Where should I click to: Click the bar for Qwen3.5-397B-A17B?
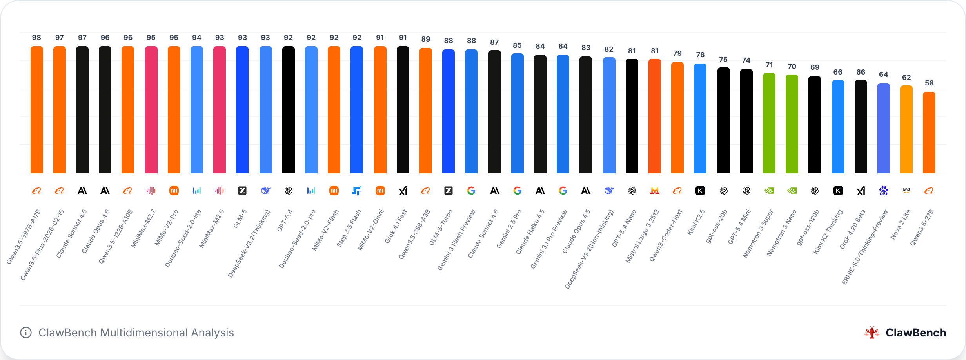pyautogui.click(x=37, y=110)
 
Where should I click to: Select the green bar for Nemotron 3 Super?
pyautogui.click(x=769, y=123)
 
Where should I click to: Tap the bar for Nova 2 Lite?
pyautogui.click(x=906, y=129)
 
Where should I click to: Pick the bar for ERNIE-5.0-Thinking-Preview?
pyautogui.click(x=884, y=128)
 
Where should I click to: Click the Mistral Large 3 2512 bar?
pyautogui.click(x=655, y=116)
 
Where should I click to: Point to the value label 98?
pyautogui.click(x=36, y=38)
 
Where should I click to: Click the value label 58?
pyautogui.click(x=929, y=83)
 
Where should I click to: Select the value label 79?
pyautogui.click(x=677, y=53)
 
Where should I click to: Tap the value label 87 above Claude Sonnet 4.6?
pyautogui.click(x=494, y=42)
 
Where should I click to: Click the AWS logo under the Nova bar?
pyautogui.click(x=906, y=190)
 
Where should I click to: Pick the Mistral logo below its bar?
pyautogui.click(x=655, y=191)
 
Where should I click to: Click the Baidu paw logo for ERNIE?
pyautogui.click(x=884, y=191)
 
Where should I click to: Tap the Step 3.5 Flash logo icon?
pyautogui.click(x=357, y=191)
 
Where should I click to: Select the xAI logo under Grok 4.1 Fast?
pyautogui.click(x=403, y=191)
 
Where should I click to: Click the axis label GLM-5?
pyautogui.click(x=240, y=219)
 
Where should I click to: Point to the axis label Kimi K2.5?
pyautogui.click(x=696, y=222)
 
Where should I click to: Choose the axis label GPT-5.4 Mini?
pyautogui.click(x=739, y=227)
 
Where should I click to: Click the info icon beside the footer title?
pyautogui.click(x=26, y=333)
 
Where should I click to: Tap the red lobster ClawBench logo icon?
pyautogui.click(x=872, y=333)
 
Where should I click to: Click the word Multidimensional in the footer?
pyautogui.click(x=144, y=333)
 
